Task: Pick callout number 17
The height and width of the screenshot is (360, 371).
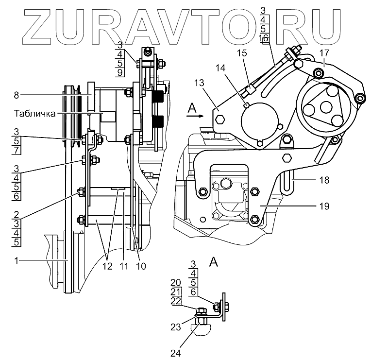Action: pyautogui.click(x=324, y=52)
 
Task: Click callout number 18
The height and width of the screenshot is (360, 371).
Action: pyautogui.click(x=325, y=180)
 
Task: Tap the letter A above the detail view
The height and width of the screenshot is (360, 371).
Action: pyautogui.click(x=213, y=263)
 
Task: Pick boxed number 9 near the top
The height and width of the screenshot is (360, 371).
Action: pyautogui.click(x=119, y=73)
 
